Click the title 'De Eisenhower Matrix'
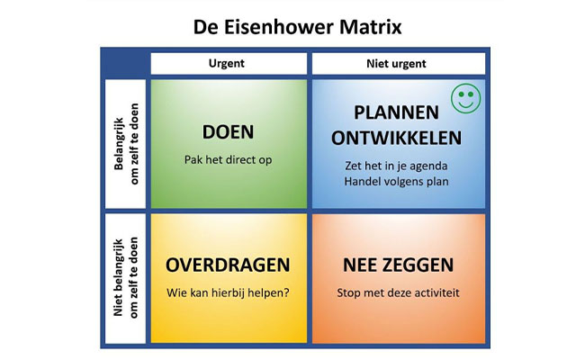[298, 26]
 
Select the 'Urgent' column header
[226, 64]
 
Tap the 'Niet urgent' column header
[396, 64]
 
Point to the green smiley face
[464, 98]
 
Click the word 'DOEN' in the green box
[229, 132]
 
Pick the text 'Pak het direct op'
[228, 160]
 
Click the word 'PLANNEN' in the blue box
[397, 113]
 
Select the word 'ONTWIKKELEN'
[396, 139]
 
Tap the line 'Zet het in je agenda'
[396, 166]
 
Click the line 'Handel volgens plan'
[396, 183]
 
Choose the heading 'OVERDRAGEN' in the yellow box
[228, 265]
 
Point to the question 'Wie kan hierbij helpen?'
[228, 292]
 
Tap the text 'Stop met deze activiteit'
[396, 292]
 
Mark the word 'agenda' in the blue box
[437, 166]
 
